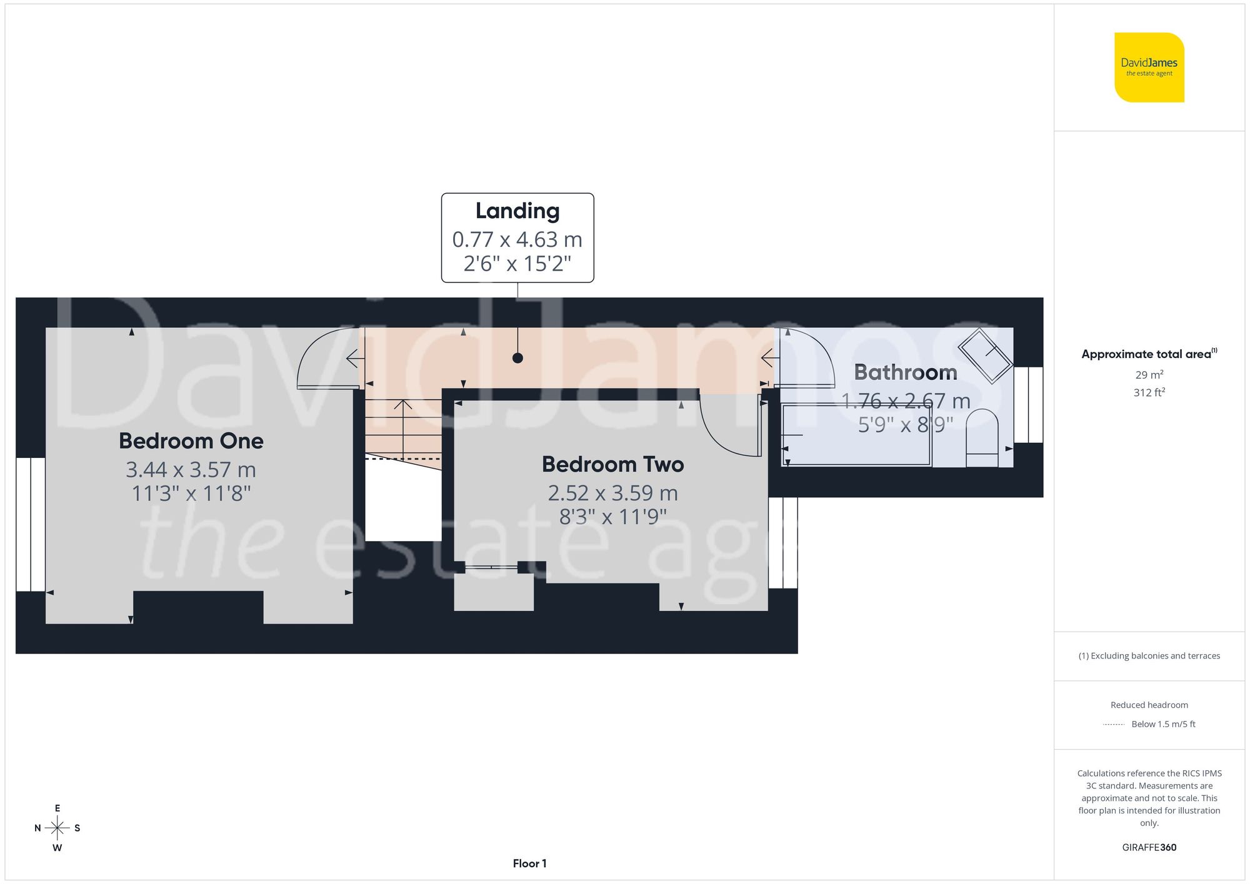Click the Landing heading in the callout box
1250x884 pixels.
point(517,211)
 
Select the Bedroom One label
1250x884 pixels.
point(191,441)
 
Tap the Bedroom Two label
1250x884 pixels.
point(612,464)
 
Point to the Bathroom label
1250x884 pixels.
point(905,372)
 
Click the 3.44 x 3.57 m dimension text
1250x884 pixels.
point(191,470)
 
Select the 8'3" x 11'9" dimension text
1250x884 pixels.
point(612,517)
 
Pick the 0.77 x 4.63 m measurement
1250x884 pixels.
point(517,239)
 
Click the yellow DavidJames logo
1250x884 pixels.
point(1149,67)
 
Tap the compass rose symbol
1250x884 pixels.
point(57,828)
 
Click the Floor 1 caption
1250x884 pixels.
point(529,863)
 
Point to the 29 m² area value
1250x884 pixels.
point(1149,375)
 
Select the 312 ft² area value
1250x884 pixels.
point(1149,392)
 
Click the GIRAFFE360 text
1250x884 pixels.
point(1149,847)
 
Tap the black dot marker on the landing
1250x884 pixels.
point(517,358)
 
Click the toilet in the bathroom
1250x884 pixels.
point(982,437)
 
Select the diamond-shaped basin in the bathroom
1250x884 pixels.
point(986,355)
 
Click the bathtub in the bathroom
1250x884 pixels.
point(856,435)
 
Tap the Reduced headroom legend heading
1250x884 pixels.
point(1149,705)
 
